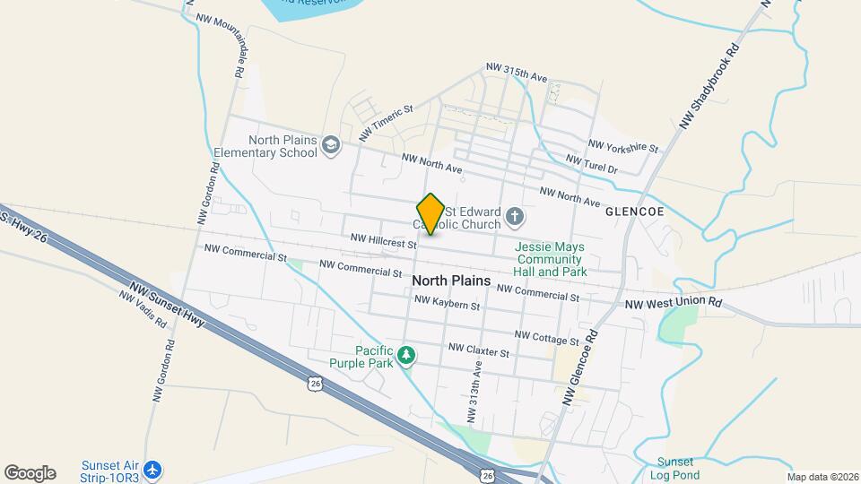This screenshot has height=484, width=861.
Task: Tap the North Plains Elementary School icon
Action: pyautogui.click(x=331, y=145)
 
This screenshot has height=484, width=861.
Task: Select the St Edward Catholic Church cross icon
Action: pyautogui.click(x=515, y=216)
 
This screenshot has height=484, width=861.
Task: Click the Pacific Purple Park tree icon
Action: pyautogui.click(x=407, y=356)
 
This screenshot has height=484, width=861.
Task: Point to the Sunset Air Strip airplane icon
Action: pyautogui.click(x=153, y=469)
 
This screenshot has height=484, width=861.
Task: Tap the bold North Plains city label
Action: pyautogui.click(x=451, y=281)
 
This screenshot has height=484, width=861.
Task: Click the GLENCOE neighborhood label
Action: pyautogui.click(x=634, y=212)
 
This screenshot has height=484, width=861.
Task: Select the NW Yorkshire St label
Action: pyautogui.click(x=622, y=145)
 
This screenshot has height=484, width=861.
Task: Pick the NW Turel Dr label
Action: pyautogui.click(x=592, y=164)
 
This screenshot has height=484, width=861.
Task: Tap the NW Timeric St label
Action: pyautogui.click(x=385, y=123)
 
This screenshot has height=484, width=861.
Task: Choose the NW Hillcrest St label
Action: pyautogui.click(x=384, y=241)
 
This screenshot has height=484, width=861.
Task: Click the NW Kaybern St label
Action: pyautogui.click(x=447, y=304)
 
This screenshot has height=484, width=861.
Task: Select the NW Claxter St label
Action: pyautogui.click(x=479, y=350)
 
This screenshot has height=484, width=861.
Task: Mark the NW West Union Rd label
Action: pyautogui.click(x=673, y=304)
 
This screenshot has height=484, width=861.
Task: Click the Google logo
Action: pyautogui.click(x=30, y=473)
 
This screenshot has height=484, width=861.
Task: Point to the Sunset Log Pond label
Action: pyautogui.click(x=674, y=468)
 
